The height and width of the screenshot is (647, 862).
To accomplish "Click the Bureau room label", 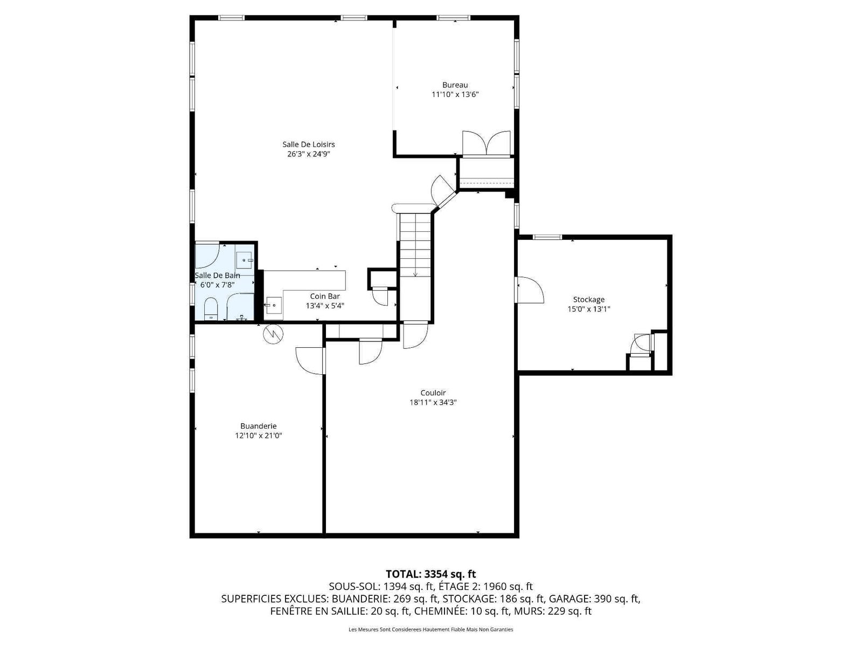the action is coord(455,85).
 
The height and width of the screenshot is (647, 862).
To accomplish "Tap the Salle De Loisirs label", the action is coord(308,144).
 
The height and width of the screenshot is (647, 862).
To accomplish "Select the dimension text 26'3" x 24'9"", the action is coord(308,154).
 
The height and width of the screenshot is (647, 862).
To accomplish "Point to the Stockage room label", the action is coord(588,299).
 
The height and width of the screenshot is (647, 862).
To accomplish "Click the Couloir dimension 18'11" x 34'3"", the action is coord(433,402).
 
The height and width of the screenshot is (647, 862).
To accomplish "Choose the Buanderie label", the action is coord(259,426).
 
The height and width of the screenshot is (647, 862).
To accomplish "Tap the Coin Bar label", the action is coord(325,296).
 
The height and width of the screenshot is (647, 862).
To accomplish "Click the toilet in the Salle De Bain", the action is coord(211,309).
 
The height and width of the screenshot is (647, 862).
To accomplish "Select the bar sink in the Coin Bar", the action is coord(274,304).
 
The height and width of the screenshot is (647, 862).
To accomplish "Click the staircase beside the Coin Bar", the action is coord(415,247).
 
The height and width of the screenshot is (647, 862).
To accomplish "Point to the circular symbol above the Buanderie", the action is coord(273,334).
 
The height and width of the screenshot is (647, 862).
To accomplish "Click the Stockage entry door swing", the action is coord(531,290).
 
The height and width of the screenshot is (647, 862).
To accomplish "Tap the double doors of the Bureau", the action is coord(486,143).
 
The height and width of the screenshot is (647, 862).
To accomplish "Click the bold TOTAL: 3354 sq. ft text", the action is coord(431,574).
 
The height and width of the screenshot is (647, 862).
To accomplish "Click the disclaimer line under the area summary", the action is coord(431,629).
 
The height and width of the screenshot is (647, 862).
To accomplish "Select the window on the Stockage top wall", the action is coord(547,237).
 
